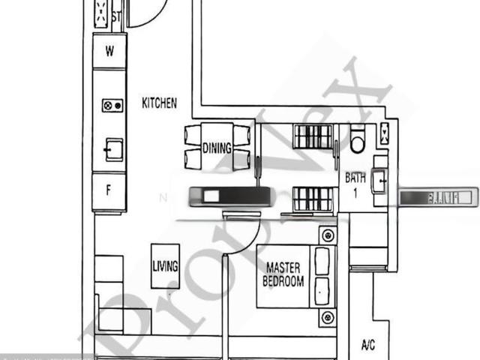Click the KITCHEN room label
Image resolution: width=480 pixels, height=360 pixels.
tap(160, 103)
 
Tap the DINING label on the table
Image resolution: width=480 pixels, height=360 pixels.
tap(217, 148)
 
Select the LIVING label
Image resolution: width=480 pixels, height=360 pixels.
tap(165, 265)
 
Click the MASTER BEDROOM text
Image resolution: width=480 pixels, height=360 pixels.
tap(284, 274)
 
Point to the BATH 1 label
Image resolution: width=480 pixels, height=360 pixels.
tap(355, 184)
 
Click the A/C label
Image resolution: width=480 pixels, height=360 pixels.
tap(368, 346)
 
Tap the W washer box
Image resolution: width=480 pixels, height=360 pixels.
tap(109, 52)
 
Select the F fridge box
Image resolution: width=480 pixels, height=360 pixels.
tap(109, 190)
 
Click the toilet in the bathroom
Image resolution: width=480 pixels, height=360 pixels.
tap(357, 139)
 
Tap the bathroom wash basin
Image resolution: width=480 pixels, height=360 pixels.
tap(379, 180)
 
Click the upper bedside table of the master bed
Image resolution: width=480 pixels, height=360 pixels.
tap(328, 235)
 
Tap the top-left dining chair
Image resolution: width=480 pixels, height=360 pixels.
tap(193, 136)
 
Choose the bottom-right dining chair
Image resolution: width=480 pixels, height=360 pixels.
tap(241, 160)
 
